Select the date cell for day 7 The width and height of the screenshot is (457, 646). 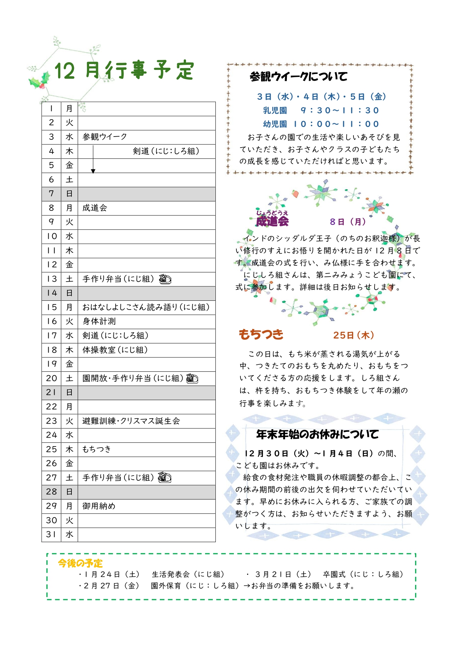pos(51,194)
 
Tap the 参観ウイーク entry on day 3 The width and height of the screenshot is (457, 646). pos(105,137)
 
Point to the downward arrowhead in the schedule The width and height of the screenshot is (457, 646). pos(93,171)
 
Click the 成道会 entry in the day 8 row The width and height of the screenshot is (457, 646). pos(95,208)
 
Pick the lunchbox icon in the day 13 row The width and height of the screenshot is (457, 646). pos(165,279)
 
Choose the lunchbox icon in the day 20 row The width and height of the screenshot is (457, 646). pos(192,378)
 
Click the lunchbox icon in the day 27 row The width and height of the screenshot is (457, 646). pos(165,478)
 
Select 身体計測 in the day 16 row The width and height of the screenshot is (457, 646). pos(99,321)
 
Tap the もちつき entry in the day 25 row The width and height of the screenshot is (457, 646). pos(96,449)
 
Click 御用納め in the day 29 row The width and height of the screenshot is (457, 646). pos(99,506)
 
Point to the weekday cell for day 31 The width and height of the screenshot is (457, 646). pos(69,534)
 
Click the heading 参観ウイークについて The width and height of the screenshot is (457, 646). pos(298,77)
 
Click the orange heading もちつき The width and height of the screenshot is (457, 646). pos(261,334)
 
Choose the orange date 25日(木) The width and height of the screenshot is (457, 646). pos(354,335)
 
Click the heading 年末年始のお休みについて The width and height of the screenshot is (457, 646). pos(317,434)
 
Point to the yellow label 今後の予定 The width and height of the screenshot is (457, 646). pos(80,563)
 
